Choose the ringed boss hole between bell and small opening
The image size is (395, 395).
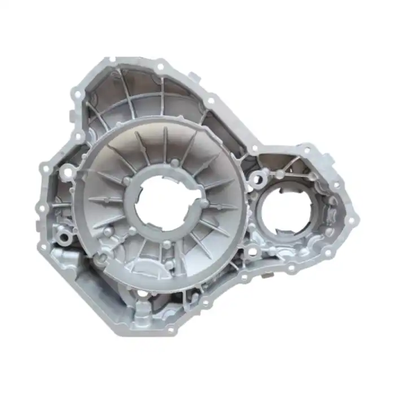tap(257, 179)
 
